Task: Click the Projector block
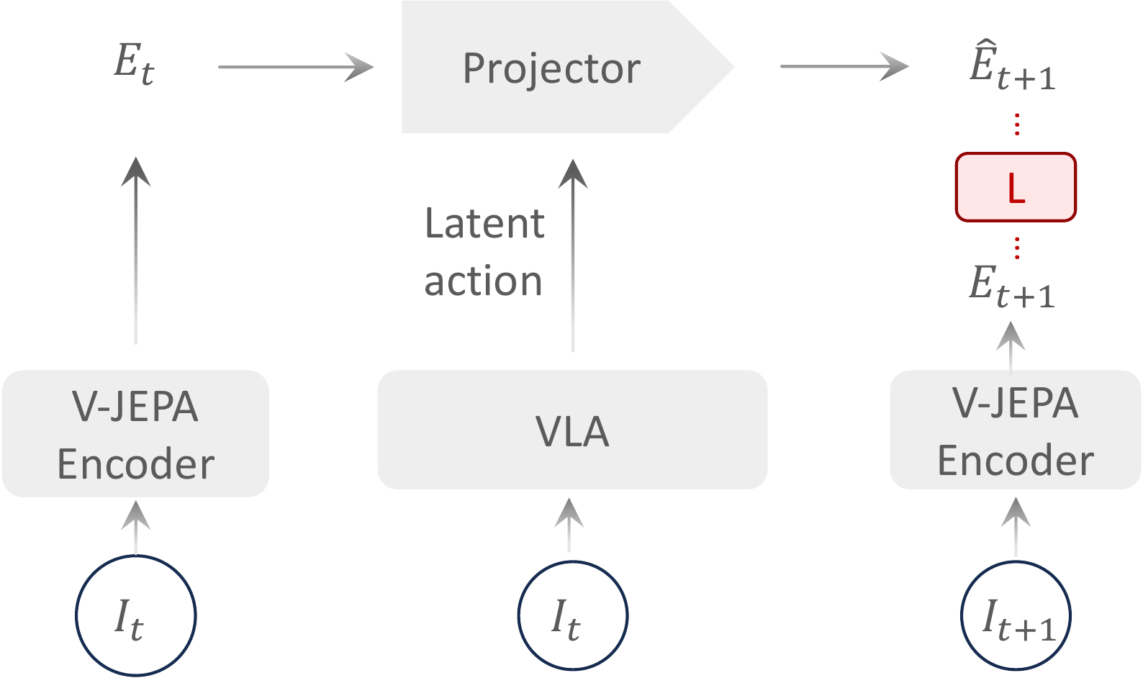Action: point(551,68)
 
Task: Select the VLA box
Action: point(572,431)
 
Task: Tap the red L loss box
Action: point(1016,187)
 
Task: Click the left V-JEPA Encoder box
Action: point(135,434)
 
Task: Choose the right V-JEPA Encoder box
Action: point(1015,431)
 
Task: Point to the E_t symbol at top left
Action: point(135,65)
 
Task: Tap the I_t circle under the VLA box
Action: point(572,616)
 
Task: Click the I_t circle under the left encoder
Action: point(135,616)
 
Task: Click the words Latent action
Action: point(484,252)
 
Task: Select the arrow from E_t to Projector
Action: point(295,67)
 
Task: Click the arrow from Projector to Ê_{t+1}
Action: point(844,67)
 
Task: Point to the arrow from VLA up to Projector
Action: point(573,256)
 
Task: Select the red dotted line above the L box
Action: point(1016,125)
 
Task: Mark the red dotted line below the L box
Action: point(1016,248)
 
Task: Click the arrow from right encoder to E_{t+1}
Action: point(1011,347)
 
